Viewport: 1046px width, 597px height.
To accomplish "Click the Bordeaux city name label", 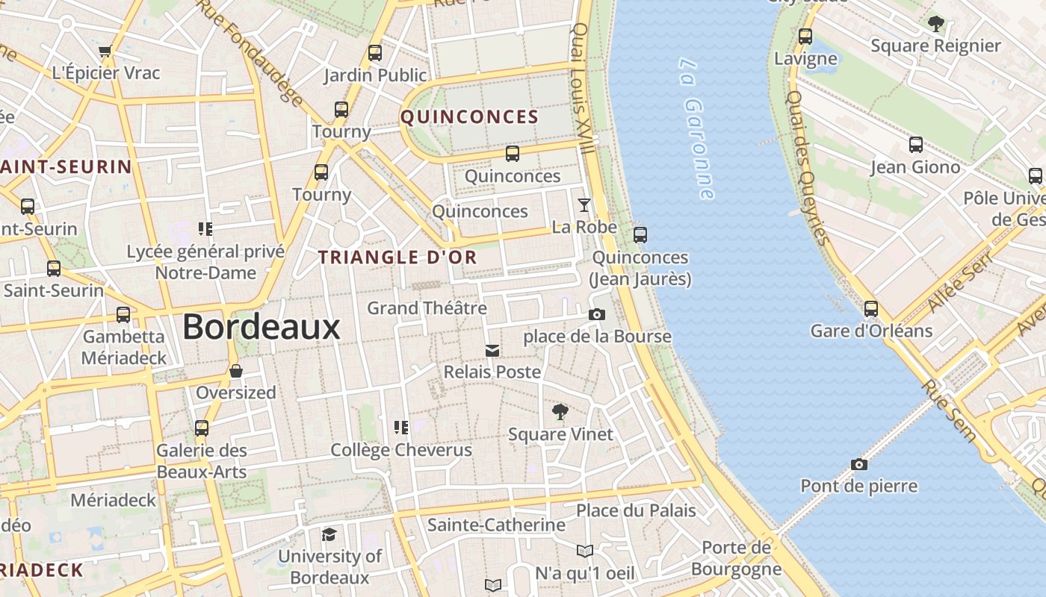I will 261,327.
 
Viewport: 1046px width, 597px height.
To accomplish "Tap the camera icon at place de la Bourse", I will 596,315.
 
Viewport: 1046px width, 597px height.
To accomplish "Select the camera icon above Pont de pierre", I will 859,464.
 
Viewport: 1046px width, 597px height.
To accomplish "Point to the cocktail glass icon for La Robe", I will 584,204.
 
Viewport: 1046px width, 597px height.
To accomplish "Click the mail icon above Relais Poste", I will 492,350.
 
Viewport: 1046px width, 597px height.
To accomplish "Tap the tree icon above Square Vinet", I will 560,411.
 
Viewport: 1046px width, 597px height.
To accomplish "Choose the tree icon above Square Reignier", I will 935,23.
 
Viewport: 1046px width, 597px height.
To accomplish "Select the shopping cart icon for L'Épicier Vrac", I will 105,51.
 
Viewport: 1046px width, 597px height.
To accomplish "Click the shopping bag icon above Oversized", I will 236,371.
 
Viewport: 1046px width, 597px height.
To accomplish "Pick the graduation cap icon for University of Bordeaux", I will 329,534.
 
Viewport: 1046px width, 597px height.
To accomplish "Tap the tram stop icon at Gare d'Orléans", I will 871,308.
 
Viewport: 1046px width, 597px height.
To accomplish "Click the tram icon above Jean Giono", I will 916,145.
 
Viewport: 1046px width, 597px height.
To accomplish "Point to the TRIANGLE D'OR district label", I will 397,257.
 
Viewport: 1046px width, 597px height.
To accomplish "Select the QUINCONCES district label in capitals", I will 469,117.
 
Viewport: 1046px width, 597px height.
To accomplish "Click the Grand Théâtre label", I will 427,307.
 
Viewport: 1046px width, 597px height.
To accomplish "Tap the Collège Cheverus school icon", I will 401,427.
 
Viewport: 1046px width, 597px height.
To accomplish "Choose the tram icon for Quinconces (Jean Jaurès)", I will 640,234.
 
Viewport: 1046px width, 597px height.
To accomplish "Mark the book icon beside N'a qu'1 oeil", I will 585,551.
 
